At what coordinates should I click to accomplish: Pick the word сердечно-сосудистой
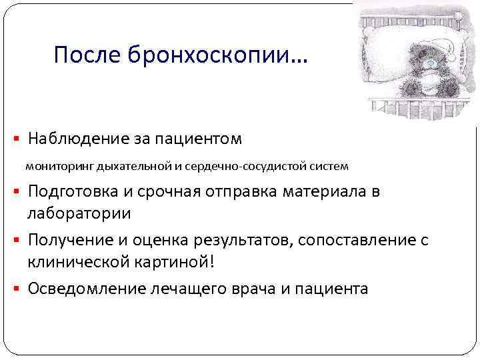point(249,165)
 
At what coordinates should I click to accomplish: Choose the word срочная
point(158,193)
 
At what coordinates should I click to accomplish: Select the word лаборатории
point(79,214)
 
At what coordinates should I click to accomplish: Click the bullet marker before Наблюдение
point(17,140)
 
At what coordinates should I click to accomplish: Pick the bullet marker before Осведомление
point(17,289)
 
